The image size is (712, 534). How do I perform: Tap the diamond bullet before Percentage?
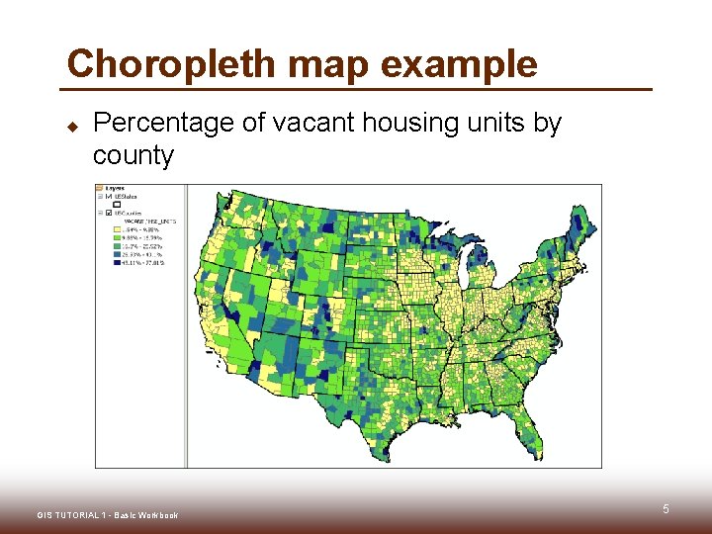72,127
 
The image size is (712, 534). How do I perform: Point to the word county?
133,155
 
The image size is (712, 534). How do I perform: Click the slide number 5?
666,509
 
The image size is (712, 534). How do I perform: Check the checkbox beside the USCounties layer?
109,213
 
